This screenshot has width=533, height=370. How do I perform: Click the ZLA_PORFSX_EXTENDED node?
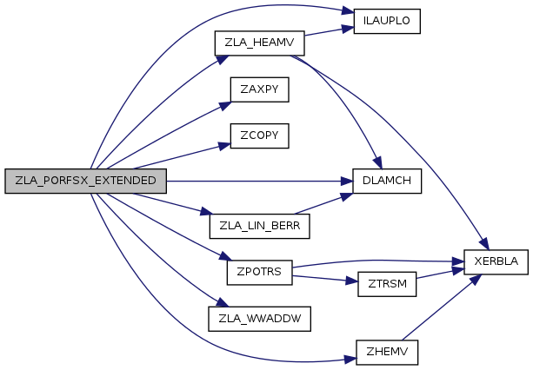coord(85,181)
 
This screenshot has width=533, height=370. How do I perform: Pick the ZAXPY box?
coord(259,90)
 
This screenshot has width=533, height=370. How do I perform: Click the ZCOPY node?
coord(259,135)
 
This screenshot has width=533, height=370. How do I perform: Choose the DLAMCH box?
coord(387,181)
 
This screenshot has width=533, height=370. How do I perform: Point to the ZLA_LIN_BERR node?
coord(259,227)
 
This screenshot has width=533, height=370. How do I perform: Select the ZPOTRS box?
coord(259,272)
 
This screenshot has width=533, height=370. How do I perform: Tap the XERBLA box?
coord(496,261)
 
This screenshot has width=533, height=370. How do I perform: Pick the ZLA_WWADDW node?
coord(259,318)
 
